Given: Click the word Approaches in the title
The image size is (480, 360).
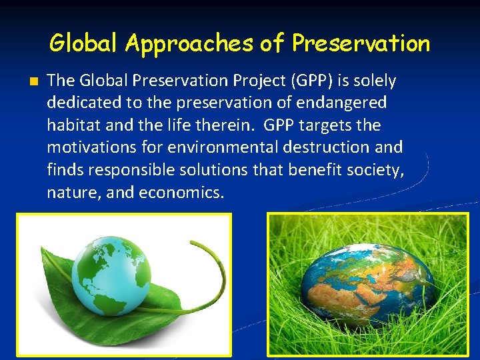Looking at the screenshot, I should click(x=189, y=44).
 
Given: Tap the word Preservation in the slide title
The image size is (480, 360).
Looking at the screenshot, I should click(x=361, y=44).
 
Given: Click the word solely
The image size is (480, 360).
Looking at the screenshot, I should click(x=375, y=81).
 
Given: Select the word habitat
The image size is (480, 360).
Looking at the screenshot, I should click(x=72, y=125).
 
